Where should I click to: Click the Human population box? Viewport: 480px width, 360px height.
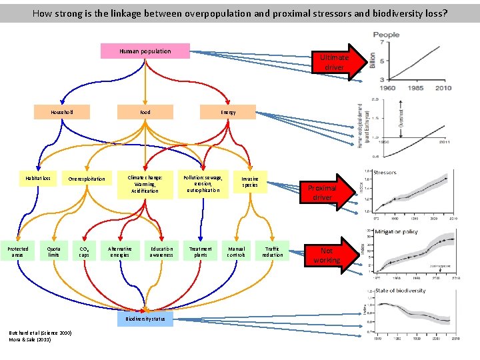pos(145,51)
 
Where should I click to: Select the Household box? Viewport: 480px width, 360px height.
pos(62,112)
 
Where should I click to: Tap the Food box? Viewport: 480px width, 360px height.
pos(145,112)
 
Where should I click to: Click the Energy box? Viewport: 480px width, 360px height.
pos(228,112)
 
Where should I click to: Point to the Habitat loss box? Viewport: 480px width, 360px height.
pos(38,179)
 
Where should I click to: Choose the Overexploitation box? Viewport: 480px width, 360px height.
pos(87,179)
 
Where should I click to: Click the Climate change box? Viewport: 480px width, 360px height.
pos(145,185)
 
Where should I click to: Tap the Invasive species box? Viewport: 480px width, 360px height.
pos(250,183)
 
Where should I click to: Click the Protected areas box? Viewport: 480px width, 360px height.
pos(18,251)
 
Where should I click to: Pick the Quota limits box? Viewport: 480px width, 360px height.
pos(53,251)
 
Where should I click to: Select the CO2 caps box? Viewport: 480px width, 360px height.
pos(84,251)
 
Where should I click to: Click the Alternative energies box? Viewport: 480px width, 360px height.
pos(120,251)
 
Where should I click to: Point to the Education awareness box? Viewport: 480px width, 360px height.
pos(161,251)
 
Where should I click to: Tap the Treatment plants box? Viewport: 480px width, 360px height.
pos(201,251)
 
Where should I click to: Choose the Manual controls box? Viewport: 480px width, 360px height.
pos(237,251)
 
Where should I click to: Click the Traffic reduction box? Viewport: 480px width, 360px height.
pos(272,251)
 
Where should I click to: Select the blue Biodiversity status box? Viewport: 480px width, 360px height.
pos(145,319)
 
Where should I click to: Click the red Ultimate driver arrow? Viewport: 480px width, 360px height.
pos(337,63)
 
